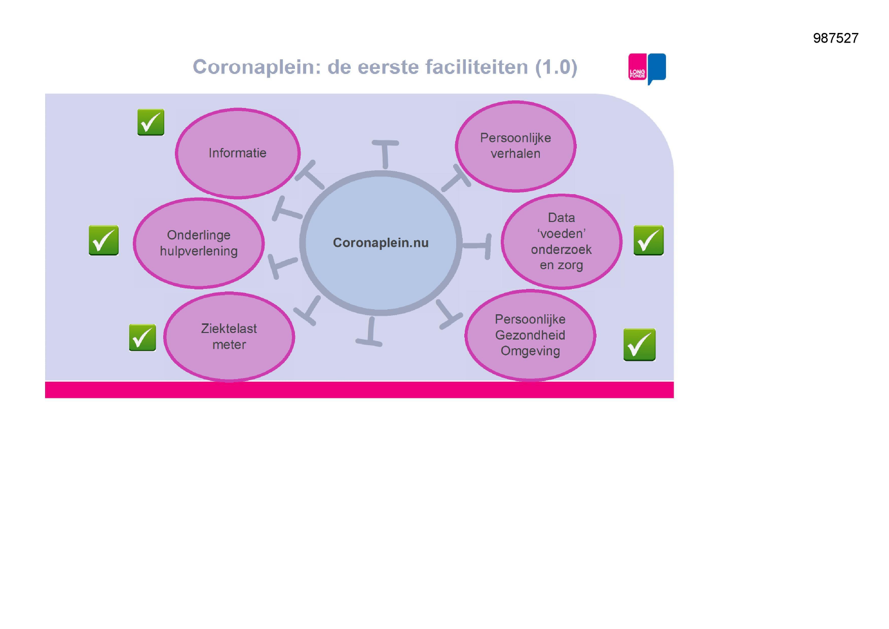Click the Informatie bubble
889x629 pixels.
pos(238,153)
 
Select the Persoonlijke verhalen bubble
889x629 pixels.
pos(515,146)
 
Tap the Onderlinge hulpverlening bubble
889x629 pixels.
pos(199,243)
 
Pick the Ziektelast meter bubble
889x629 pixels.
pos(229,337)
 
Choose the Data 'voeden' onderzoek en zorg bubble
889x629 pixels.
pos(561,242)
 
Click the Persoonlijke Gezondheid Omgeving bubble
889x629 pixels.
pos(530,335)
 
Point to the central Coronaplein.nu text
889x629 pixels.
pos(381,243)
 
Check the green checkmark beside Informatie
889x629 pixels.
pos(151,122)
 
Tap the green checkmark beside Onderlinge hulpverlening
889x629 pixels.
pos(103,240)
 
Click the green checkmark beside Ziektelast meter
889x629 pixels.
pos(142,338)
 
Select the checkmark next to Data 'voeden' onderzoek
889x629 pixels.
pos(648,240)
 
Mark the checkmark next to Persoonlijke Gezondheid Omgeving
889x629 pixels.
pos(639,345)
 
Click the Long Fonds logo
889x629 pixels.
pos(647,68)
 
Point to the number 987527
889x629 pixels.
pos(836,38)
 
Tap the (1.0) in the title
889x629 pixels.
pos(557,67)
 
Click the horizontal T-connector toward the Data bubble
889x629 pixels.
pos(477,246)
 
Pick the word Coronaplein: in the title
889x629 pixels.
pos(257,67)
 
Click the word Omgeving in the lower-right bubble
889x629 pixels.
pos(530,351)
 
